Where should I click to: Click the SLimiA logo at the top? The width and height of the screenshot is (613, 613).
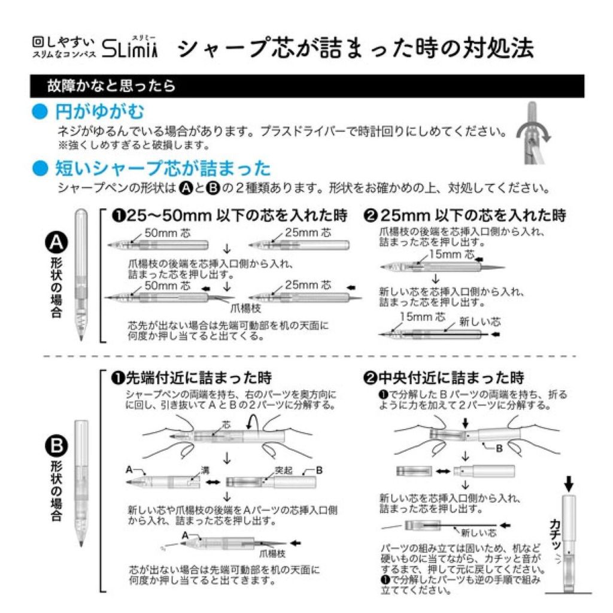coord(130,49)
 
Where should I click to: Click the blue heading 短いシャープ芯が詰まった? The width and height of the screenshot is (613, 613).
coord(162,168)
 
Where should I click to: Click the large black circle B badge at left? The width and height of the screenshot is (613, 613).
coord(57,447)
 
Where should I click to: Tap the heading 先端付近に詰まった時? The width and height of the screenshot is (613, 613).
coord(192,378)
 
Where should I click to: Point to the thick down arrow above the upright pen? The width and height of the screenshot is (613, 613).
coord(569,482)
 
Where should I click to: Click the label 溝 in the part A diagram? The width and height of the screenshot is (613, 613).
coord(188,471)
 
